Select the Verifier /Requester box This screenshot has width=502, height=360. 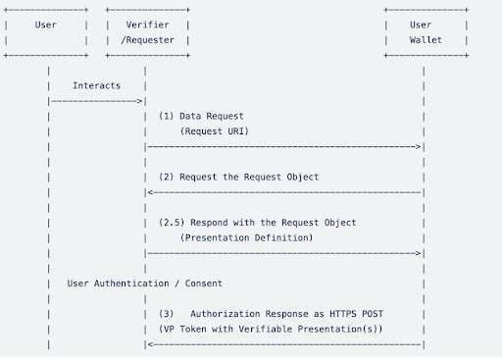click(x=148, y=32)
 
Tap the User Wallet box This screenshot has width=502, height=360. click(x=426, y=32)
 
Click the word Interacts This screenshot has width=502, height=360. click(x=96, y=85)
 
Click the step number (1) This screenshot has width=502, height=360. click(x=167, y=116)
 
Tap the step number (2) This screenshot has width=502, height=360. click(x=167, y=177)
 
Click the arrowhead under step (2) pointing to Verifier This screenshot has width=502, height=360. click(x=148, y=192)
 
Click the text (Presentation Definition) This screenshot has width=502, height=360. click(x=246, y=237)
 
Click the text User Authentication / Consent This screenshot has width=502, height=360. click(x=144, y=283)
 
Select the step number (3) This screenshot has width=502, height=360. click(x=167, y=314)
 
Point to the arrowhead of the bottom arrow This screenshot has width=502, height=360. click(x=148, y=344)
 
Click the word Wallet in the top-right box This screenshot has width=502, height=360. click(x=426, y=40)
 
